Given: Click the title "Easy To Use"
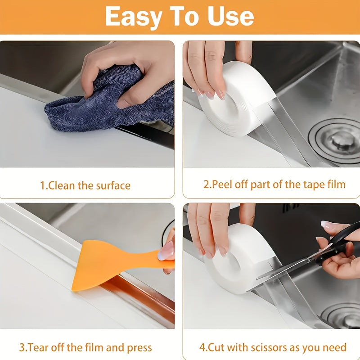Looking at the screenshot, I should click(x=180, y=16).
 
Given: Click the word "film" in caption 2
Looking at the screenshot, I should click(x=335, y=184).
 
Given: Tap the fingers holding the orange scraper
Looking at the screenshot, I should click(x=167, y=252).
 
